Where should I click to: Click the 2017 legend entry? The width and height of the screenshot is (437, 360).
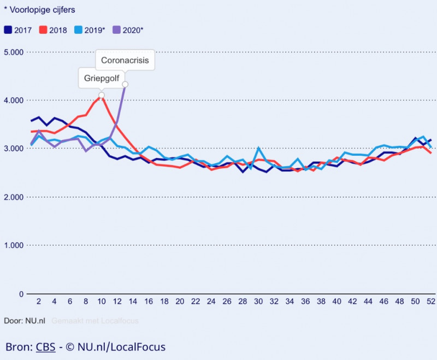coord(18,30)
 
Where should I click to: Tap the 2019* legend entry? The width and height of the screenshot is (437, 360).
coord(91,30)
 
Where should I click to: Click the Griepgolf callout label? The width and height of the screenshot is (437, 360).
coord(101,78)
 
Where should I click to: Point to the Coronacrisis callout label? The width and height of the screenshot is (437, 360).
coord(125,60)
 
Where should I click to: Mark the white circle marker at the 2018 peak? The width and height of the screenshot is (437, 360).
coord(102,95)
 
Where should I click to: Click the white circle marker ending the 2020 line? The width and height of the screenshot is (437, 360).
coord(125,84)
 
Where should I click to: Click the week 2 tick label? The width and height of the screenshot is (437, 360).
coord(39,301)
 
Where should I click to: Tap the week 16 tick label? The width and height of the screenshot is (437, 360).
coord(149,301)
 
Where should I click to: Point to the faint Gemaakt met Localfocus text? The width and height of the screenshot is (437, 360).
coord(95,321)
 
